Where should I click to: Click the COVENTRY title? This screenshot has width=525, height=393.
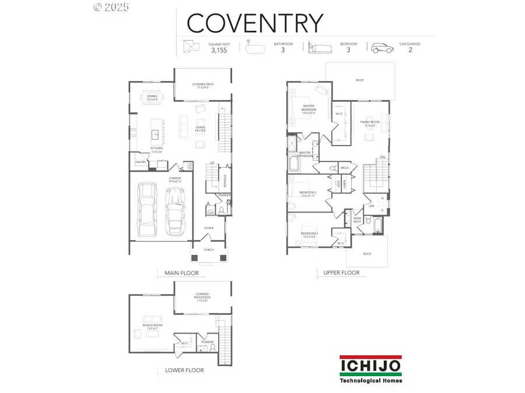pos(254,23)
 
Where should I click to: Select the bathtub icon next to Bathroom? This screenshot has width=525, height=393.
pos(255,48)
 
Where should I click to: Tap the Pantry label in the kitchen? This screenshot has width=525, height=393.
pos(141,162)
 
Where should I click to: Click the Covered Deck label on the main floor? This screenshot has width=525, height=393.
pos(203,85)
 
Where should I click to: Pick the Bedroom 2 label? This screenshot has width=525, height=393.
pos(307,194)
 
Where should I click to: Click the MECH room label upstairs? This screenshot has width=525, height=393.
pos(344,167)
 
